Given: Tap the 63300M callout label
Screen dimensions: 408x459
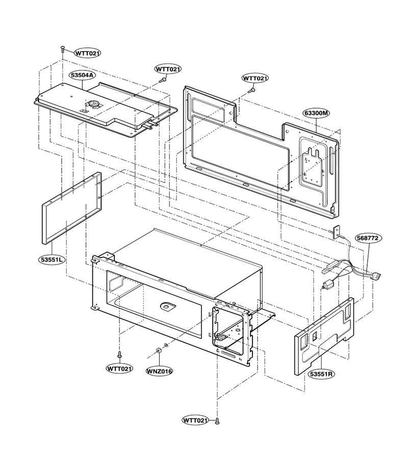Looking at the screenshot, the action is point(316,113).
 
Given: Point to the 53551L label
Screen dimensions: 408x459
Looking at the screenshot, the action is point(52,260).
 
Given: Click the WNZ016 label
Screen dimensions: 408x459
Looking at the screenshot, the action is point(160,371).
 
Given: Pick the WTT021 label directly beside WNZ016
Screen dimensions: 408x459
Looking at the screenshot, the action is point(119,368).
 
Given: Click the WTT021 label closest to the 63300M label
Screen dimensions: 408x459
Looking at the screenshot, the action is point(255,79).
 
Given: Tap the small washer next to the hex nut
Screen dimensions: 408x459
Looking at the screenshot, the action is point(166,345).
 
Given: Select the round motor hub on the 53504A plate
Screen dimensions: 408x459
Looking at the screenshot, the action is point(94,103).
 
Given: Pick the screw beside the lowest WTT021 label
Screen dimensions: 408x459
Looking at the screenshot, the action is point(217,421).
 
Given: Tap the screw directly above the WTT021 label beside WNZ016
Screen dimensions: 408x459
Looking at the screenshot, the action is point(119,354).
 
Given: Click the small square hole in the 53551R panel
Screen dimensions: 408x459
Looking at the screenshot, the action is point(315,336).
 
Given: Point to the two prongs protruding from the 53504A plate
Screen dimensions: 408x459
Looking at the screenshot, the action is point(152,125).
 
